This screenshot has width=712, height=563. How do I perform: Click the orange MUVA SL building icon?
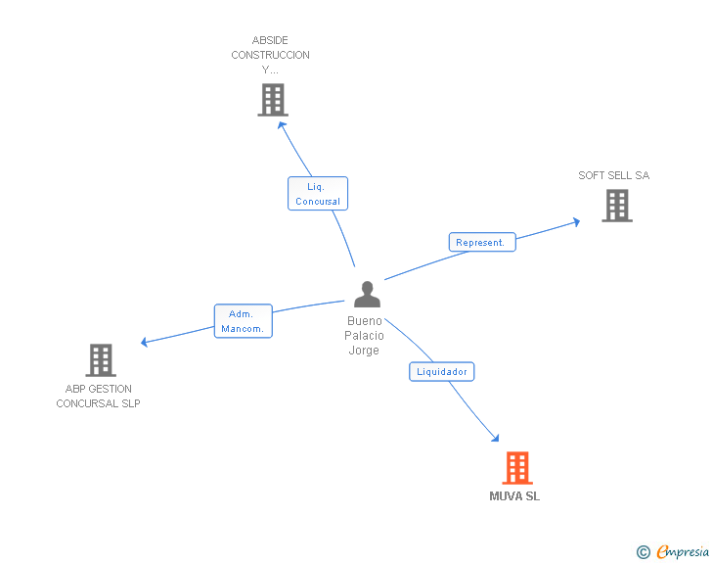point(517,468)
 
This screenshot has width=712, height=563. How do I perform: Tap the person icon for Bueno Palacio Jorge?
point(367,295)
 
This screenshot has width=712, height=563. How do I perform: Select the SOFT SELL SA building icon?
point(617,206)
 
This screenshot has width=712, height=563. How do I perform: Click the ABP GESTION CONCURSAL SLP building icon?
point(101,360)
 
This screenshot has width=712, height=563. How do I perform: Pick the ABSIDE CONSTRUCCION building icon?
point(273,100)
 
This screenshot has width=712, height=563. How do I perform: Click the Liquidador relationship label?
point(442,371)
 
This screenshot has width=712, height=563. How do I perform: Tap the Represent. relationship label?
point(482,242)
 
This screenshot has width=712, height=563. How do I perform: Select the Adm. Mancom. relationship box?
point(243,321)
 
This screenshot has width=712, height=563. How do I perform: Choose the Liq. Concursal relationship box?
point(318,193)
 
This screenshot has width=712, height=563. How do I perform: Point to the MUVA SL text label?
point(514,496)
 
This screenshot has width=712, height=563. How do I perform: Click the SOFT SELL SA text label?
point(614,175)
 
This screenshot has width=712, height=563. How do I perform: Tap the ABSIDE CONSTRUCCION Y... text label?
point(270,55)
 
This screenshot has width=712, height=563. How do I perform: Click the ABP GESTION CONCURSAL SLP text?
point(98,397)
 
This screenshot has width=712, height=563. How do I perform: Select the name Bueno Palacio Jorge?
point(364,336)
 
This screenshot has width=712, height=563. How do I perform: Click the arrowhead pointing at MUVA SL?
point(496,438)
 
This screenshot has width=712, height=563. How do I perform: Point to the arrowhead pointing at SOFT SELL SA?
point(576,222)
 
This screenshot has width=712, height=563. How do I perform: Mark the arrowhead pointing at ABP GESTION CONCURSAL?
point(145,342)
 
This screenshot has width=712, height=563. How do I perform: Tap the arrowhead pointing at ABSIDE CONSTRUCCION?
point(282,125)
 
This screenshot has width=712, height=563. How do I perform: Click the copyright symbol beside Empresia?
point(643,552)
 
